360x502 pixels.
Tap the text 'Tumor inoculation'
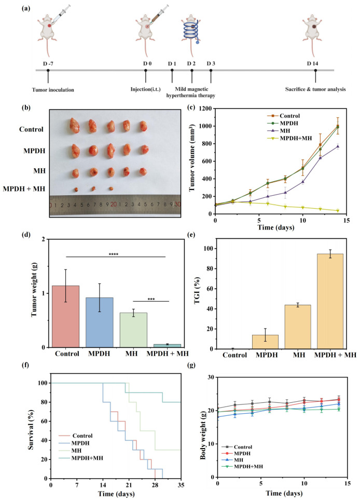[x=48, y=89]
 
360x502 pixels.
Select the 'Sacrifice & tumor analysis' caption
[x=315, y=89]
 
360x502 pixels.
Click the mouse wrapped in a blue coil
[x=192, y=30]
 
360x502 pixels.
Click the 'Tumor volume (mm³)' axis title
[x=193, y=160]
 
